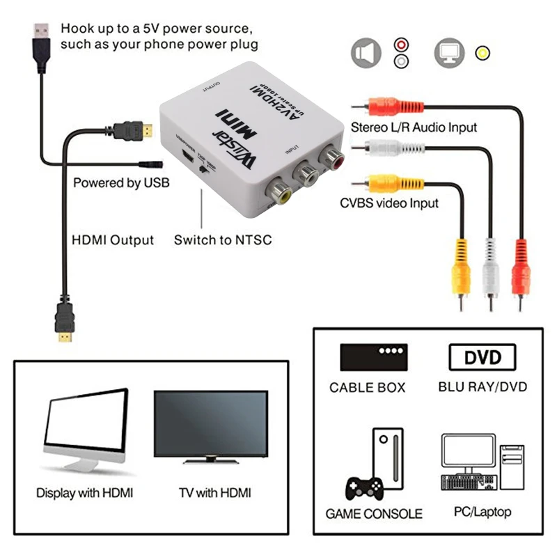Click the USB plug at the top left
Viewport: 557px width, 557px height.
tap(40, 38)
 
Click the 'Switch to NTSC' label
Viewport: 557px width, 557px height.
tap(223, 240)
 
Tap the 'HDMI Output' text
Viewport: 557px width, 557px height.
tap(113, 240)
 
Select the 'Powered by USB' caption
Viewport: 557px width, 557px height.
tap(122, 183)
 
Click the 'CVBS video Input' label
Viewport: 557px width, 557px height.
tap(389, 203)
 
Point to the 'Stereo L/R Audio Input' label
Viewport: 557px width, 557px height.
tap(414, 127)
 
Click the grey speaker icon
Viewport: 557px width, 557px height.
tap(365, 53)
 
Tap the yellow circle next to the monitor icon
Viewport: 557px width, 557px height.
tap(481, 53)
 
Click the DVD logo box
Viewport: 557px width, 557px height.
tap(483, 357)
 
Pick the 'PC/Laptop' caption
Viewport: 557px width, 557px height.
tap(483, 512)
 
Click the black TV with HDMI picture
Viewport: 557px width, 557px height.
tap(211, 424)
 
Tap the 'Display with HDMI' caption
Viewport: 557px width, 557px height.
tap(84, 493)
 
